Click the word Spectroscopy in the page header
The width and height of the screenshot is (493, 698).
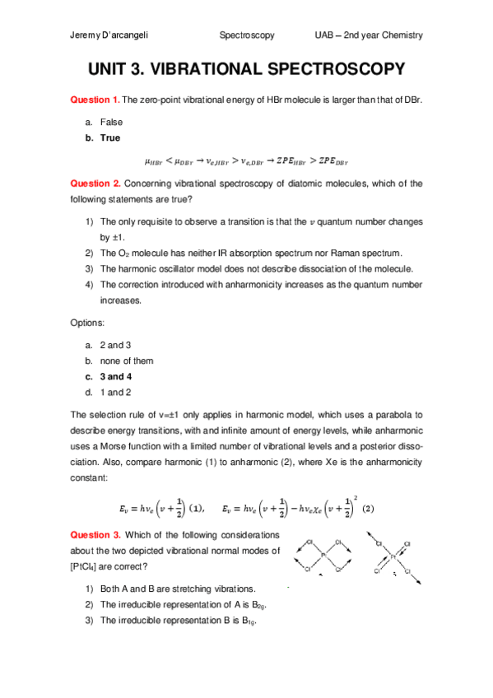click(x=247, y=35)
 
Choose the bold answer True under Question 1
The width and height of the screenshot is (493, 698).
click(x=109, y=138)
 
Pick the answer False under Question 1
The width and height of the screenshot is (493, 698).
click(x=111, y=122)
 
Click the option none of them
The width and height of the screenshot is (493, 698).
click(x=126, y=361)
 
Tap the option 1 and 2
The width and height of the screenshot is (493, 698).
click(x=115, y=392)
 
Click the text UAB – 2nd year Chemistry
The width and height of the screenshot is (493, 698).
click(x=369, y=35)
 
